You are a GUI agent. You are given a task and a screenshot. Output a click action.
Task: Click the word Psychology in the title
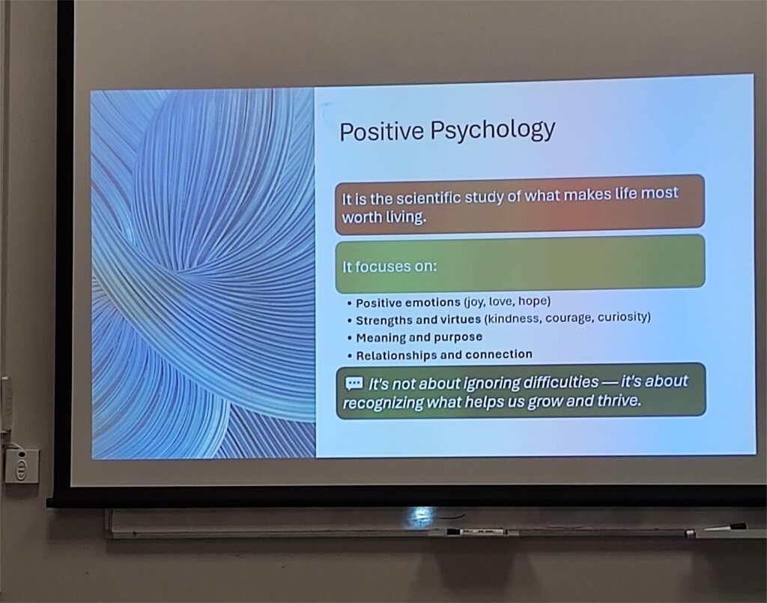pyautogui.click(x=493, y=130)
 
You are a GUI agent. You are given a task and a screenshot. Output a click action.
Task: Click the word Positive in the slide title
pyautogui.click(x=381, y=131)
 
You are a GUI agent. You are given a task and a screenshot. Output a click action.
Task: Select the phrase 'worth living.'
pyautogui.click(x=384, y=217)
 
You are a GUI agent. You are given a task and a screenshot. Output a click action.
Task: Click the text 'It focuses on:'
pyautogui.click(x=389, y=267)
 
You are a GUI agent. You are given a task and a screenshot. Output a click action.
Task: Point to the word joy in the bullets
pyautogui.click(x=474, y=302)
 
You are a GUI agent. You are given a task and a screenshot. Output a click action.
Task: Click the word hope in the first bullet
pyautogui.click(x=533, y=301)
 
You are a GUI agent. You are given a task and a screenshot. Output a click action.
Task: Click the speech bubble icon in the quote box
pyautogui.click(x=354, y=383)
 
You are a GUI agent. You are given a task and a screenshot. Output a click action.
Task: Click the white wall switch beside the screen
pyautogui.click(x=22, y=466)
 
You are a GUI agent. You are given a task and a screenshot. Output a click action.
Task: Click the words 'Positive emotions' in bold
pyautogui.click(x=408, y=303)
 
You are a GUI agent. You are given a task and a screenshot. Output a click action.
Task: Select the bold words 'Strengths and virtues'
pyautogui.click(x=418, y=321)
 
